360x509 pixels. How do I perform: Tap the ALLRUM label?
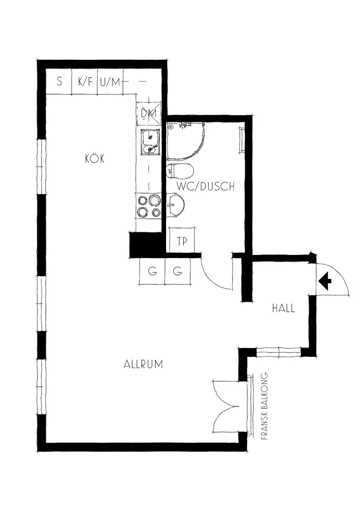click(143, 364)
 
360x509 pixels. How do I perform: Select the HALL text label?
click(283, 308)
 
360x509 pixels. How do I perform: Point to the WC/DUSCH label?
click(206, 186)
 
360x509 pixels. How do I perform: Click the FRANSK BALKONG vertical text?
click(265, 406)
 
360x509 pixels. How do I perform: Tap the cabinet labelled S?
click(59, 81)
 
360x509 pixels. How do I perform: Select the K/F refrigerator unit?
click(85, 81)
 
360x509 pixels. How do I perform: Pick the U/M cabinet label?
click(110, 82)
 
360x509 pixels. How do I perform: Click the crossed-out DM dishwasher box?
click(149, 113)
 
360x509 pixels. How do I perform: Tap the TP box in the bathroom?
click(182, 240)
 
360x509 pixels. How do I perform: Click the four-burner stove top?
click(149, 206)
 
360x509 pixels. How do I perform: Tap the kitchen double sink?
click(149, 141)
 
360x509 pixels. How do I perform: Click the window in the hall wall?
click(279, 352)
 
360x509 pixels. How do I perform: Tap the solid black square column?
click(145, 245)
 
